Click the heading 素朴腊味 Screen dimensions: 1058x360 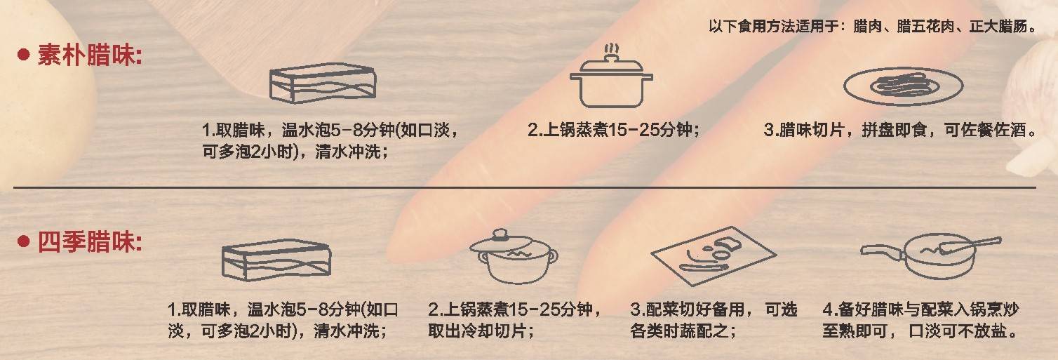(x=89, y=55)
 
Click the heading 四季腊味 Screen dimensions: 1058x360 (x=89, y=242)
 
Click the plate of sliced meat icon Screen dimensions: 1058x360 (x=903, y=86)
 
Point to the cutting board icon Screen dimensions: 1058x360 (x=714, y=255)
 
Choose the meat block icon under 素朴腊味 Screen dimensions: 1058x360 (x=323, y=83)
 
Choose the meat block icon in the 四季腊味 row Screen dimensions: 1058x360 (x=276, y=260)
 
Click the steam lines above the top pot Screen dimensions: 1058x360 (x=612, y=49)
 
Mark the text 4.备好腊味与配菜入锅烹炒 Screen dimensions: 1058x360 (x=920, y=309)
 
